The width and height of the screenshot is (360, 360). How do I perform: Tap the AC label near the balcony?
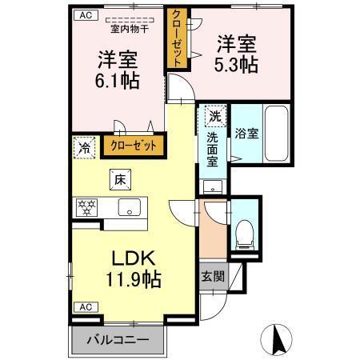83,307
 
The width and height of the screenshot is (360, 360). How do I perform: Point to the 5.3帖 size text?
235,65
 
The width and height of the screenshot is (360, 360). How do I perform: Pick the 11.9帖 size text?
131,279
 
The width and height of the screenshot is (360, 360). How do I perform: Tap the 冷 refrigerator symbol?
83,146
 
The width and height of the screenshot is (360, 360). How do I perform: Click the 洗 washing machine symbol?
214,117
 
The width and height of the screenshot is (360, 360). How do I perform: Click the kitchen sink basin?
128,208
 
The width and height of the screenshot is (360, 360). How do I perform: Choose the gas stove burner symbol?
86,208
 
